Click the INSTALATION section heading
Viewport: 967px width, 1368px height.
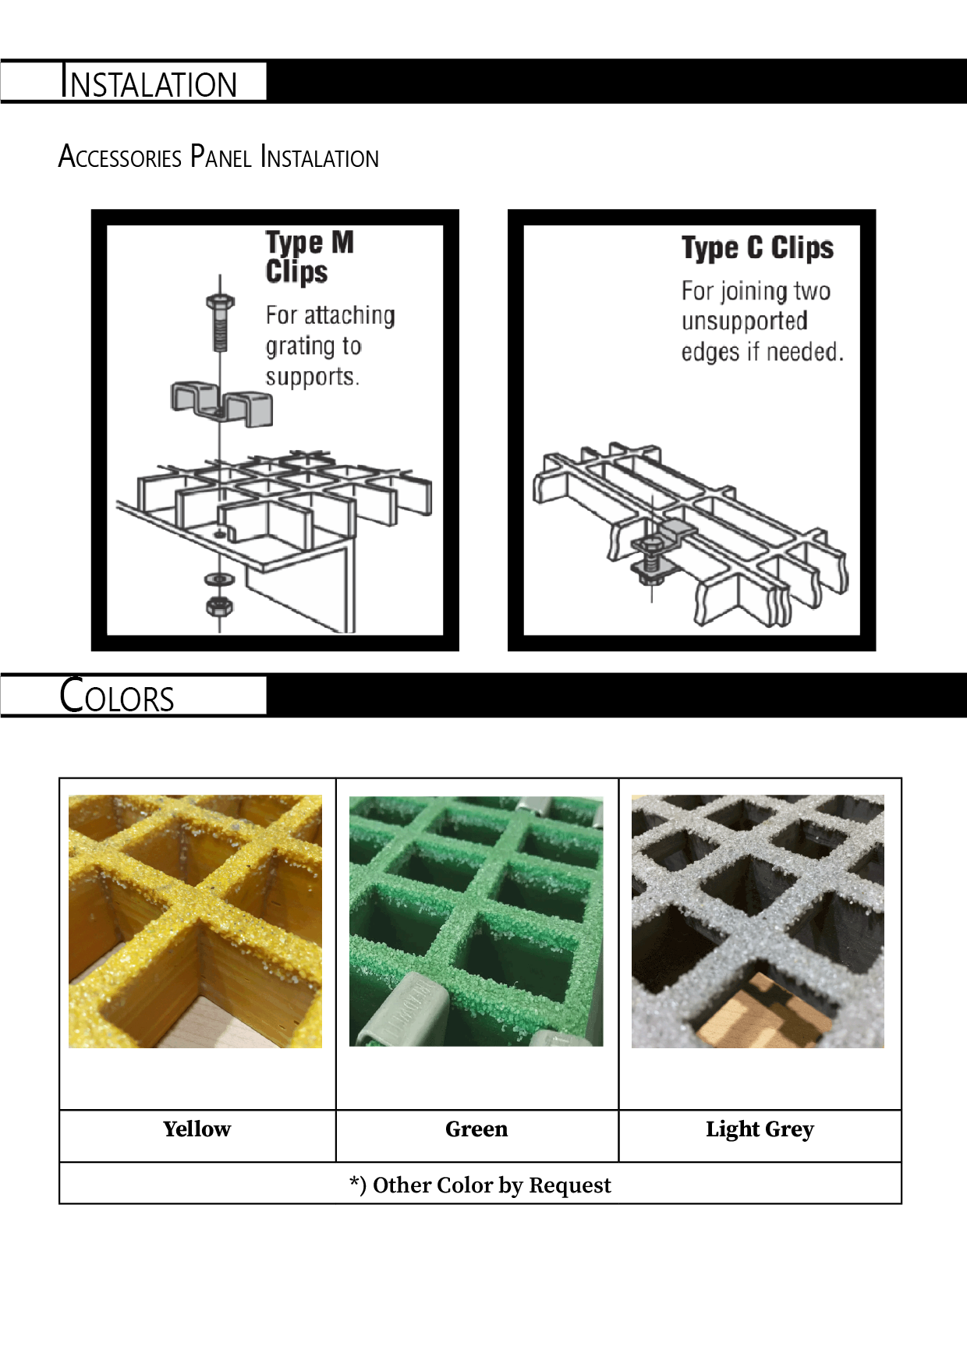point(148,82)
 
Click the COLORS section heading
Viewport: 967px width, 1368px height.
point(117,696)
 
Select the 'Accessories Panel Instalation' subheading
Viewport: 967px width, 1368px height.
point(218,156)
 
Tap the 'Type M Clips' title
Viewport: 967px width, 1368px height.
point(310,257)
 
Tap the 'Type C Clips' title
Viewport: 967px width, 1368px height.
point(757,248)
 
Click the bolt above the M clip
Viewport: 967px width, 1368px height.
point(220,322)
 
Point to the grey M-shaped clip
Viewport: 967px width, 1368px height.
point(221,404)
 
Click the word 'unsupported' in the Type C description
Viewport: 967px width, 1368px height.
point(745,321)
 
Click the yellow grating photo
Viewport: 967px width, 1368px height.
point(195,921)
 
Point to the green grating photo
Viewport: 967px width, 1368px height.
point(476,921)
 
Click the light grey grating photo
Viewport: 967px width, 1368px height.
point(758,921)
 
